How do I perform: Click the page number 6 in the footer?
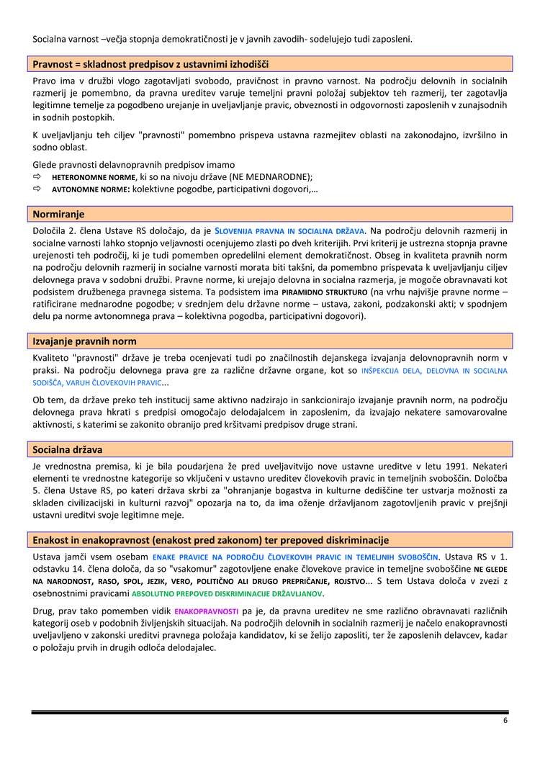(505, 721)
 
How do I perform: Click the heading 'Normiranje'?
(59, 214)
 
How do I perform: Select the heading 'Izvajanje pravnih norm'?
(85, 341)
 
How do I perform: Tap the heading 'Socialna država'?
(68, 449)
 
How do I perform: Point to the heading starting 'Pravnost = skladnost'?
(150, 64)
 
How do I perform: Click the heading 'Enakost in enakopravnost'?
(210, 540)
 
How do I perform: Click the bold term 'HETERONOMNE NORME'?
(94, 177)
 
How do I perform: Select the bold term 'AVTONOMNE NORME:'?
(91, 189)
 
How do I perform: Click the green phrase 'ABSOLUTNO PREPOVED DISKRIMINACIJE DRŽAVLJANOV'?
(228, 594)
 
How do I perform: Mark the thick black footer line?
(270, 712)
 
